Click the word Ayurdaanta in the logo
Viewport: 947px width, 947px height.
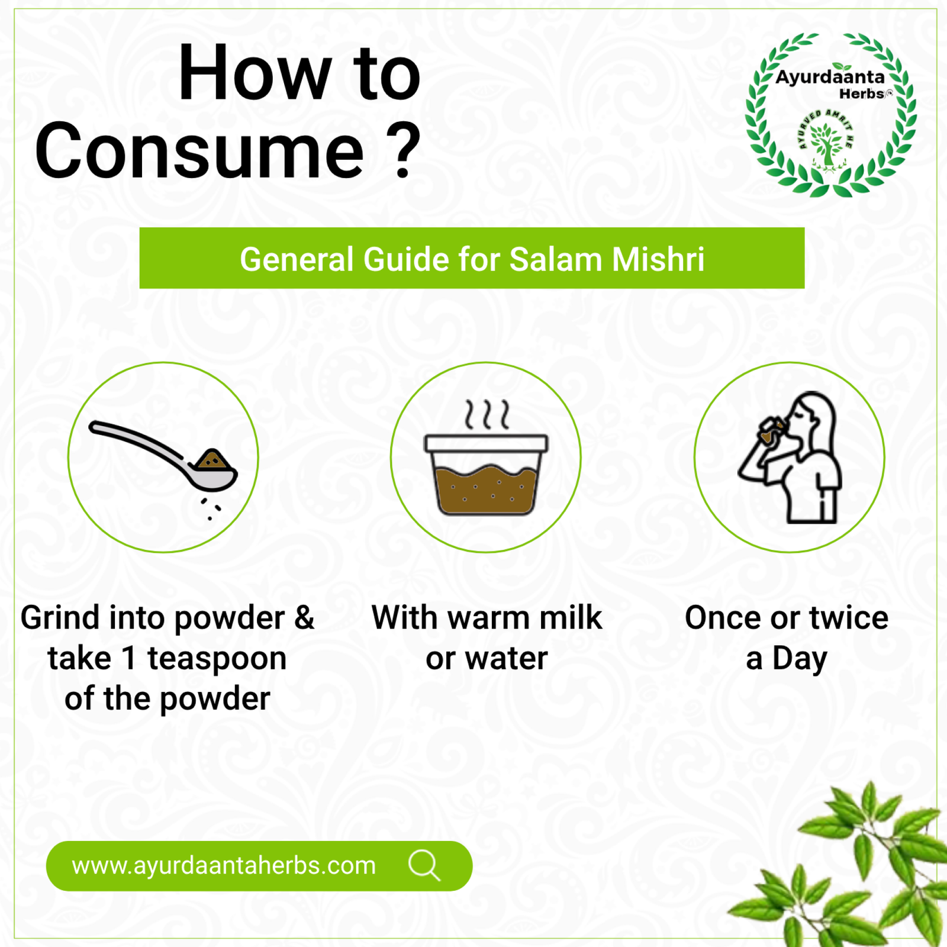point(830,77)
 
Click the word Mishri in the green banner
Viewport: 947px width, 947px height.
point(658,259)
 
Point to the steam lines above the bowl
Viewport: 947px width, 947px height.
point(487,414)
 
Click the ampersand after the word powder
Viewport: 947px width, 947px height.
point(304,617)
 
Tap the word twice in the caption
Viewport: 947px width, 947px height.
point(849,617)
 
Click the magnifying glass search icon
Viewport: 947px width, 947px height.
point(424,866)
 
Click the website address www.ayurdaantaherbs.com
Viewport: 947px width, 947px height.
point(224,865)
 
